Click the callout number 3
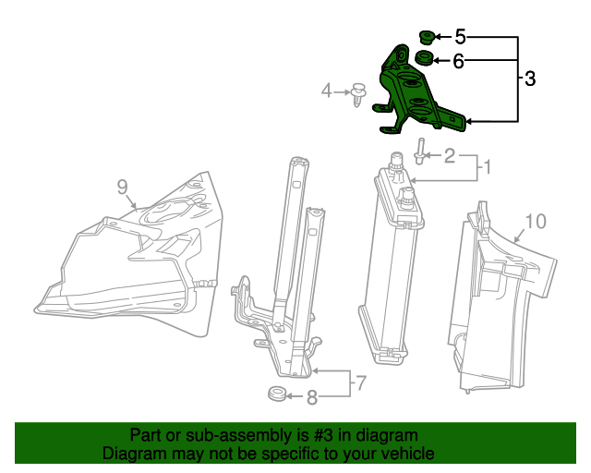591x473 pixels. click(529, 79)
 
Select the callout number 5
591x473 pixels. click(459, 37)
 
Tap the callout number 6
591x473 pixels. click(459, 61)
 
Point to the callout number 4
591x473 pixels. click(326, 91)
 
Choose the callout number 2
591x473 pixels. click(449, 155)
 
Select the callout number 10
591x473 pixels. click(536, 222)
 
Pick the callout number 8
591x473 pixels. click(312, 398)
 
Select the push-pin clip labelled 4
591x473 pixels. click(357, 93)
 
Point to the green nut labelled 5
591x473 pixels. click(427, 37)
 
